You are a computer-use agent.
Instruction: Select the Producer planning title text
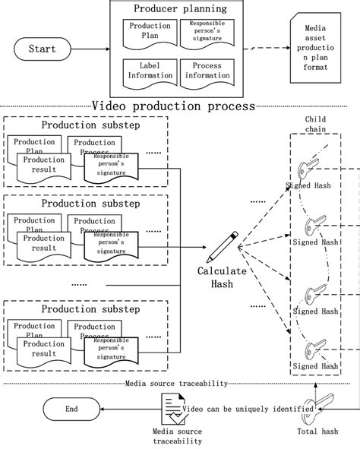[x=180, y=9]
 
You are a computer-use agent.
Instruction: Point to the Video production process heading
[x=173, y=106]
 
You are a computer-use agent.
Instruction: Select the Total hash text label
[x=318, y=432]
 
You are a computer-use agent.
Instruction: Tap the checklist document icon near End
[x=178, y=409]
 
